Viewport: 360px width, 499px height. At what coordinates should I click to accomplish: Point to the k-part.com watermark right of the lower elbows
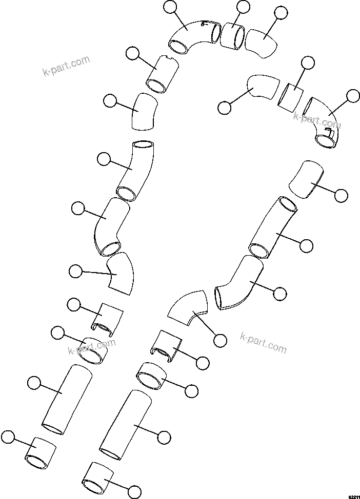coord(263,342)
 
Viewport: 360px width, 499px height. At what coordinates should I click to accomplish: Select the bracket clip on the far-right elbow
coord(328,134)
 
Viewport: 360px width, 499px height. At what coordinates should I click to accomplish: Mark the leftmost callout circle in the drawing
coord(8,436)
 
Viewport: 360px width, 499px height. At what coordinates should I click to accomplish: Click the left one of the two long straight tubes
coord(67,400)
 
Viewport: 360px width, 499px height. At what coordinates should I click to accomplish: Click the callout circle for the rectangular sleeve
coord(307,63)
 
